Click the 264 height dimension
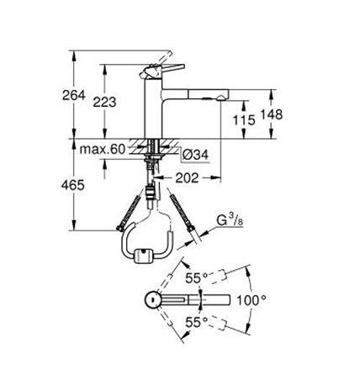[73, 95]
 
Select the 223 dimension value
[104, 102]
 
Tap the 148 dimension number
[272, 114]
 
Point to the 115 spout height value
[244, 120]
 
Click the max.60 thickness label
[103, 150]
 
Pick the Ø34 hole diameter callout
[195, 155]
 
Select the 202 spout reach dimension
[187, 177]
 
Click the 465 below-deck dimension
[73, 185]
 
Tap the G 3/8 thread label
[230, 220]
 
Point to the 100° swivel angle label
[251, 301]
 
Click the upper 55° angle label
[197, 278]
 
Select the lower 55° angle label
[197, 323]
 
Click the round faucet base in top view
[153, 300]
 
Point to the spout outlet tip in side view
[221, 98]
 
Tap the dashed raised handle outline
[162, 60]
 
